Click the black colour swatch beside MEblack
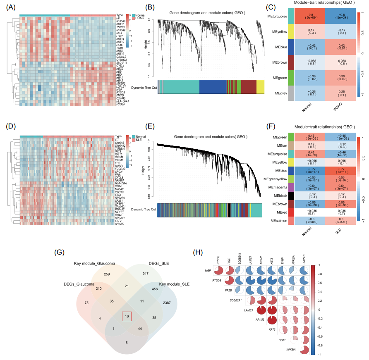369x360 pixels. coord(291,195)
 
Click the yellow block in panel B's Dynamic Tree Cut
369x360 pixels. coord(260,87)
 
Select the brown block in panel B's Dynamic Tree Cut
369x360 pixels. coord(248,87)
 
